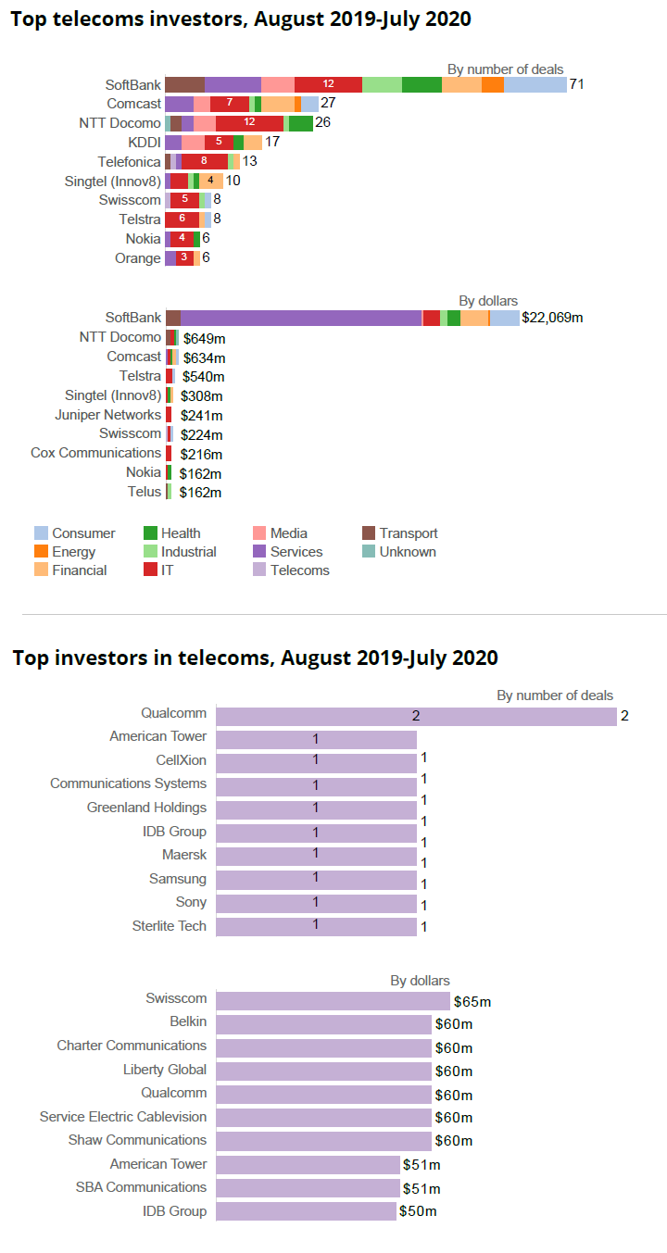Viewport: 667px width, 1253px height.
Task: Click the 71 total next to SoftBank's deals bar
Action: (x=576, y=84)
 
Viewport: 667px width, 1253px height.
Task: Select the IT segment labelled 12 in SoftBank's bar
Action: (x=328, y=84)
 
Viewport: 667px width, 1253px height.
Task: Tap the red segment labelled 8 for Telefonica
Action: (x=204, y=161)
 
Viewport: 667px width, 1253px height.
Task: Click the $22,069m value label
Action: (x=552, y=318)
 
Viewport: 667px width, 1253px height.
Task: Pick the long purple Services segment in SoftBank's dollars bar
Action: (x=301, y=318)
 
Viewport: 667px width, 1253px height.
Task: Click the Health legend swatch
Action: (x=150, y=533)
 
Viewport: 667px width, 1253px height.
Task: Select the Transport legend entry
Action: (x=399, y=533)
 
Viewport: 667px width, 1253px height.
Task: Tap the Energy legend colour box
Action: (x=41, y=552)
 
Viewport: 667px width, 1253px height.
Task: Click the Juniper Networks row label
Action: (x=107, y=415)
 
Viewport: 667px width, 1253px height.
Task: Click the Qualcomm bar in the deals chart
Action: (x=416, y=716)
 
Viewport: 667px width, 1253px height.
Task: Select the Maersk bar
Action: (x=316, y=854)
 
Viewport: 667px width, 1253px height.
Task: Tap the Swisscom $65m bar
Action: (x=333, y=1001)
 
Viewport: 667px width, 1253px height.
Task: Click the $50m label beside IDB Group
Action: (x=418, y=1211)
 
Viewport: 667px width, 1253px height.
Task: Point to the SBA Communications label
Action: (x=141, y=1187)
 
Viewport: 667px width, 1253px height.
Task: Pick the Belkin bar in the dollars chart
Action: (x=323, y=1023)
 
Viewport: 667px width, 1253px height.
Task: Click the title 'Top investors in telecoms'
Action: (x=255, y=658)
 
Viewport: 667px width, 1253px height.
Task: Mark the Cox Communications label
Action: (x=95, y=453)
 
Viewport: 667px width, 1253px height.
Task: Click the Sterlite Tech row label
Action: (x=170, y=926)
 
